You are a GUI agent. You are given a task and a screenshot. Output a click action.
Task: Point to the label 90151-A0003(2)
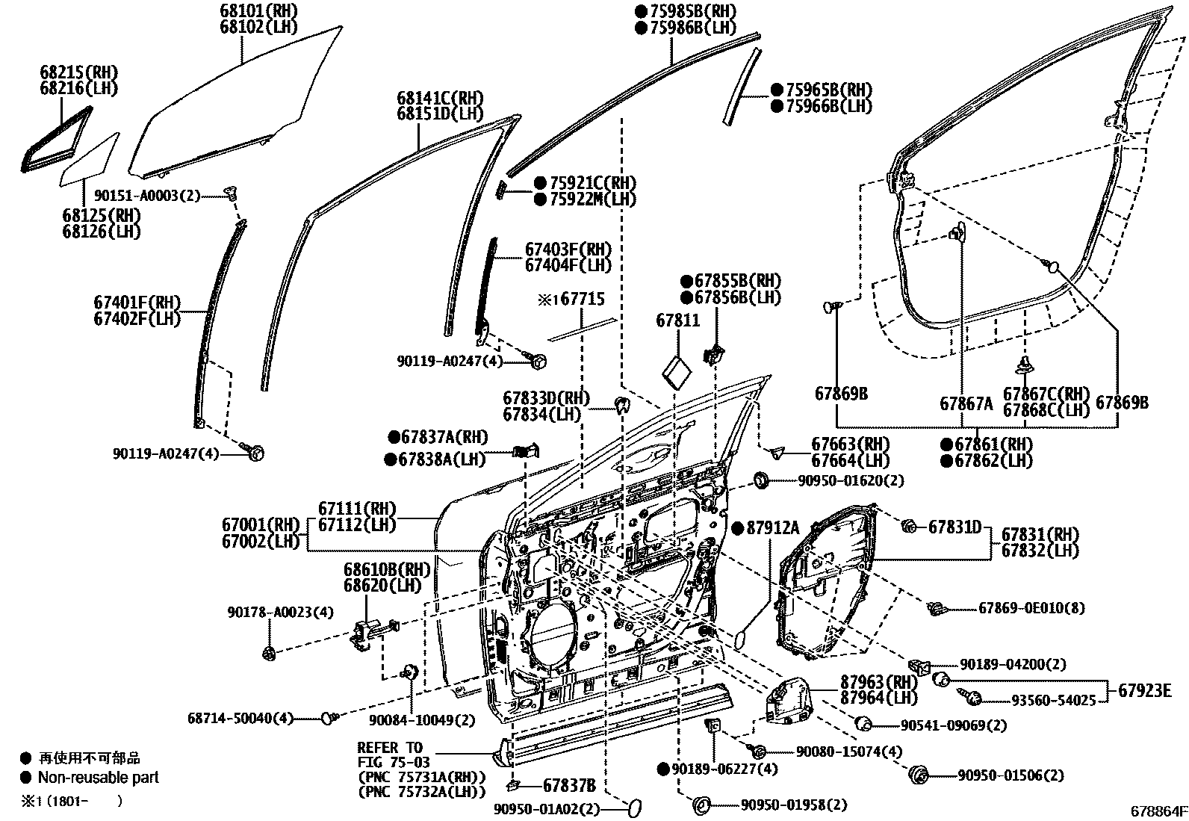147,195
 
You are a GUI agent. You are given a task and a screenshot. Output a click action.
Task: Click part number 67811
677,320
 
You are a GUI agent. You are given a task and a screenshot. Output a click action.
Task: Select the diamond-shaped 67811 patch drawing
678,371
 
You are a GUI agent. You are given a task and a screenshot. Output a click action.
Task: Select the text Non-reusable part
98,777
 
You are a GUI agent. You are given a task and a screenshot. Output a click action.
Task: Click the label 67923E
1143,690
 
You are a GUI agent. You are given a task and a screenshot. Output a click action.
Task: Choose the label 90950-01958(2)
794,805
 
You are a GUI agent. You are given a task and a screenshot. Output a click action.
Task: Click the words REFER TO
389,748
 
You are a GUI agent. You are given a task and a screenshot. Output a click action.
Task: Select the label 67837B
568,785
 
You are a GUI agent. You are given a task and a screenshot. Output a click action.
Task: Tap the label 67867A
966,404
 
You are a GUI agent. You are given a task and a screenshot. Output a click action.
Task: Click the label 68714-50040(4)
240,718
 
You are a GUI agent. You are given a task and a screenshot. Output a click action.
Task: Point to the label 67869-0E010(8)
1031,609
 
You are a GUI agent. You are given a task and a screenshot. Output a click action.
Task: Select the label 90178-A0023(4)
280,612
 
